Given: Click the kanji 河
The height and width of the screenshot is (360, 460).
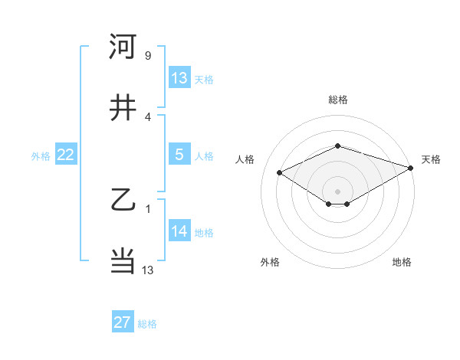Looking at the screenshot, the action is pyautogui.click(x=123, y=47).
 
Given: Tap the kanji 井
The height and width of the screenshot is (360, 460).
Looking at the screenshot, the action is pyautogui.click(x=123, y=108).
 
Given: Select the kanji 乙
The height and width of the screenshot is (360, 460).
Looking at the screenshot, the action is pyautogui.click(x=123, y=201).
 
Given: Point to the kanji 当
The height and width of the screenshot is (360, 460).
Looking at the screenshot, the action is pyautogui.click(x=123, y=261).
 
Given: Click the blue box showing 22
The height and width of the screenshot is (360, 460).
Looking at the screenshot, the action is pyautogui.click(x=66, y=155).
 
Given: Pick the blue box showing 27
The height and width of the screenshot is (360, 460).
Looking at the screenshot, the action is pyautogui.click(x=123, y=322).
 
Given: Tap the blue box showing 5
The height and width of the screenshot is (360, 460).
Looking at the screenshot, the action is pyautogui.click(x=179, y=155).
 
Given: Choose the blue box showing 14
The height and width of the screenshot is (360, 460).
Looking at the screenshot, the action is pyautogui.click(x=179, y=231).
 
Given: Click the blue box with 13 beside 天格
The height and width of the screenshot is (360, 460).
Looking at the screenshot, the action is pyautogui.click(x=179, y=78).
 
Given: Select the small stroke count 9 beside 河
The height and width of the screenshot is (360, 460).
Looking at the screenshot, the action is pyautogui.click(x=147, y=56).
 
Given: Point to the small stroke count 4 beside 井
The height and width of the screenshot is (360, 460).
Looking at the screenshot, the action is pyautogui.click(x=147, y=117).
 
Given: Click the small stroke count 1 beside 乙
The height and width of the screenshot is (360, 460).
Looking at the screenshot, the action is pyautogui.click(x=147, y=209).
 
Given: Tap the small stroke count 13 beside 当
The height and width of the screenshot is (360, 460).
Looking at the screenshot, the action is pyautogui.click(x=148, y=270).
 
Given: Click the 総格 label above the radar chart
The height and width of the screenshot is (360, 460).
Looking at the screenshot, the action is pyautogui.click(x=338, y=100).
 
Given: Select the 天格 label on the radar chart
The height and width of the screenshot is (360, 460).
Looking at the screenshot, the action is pyautogui.click(x=431, y=159).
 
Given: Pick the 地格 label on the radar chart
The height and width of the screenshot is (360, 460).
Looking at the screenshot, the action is pyautogui.click(x=402, y=263).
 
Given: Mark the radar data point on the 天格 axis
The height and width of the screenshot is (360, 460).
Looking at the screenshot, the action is pyautogui.click(x=412, y=168).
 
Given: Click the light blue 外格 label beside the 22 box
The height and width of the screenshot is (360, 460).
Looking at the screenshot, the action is pyautogui.click(x=41, y=156).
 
